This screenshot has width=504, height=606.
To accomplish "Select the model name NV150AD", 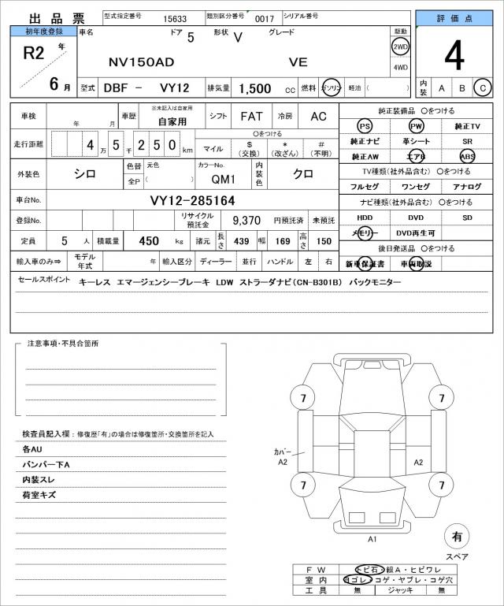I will coord(135,61).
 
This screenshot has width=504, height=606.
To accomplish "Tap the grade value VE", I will coord(298,61).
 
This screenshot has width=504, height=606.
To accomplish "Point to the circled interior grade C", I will coord(482,87).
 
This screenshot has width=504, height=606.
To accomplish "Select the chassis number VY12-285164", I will coord(192,200).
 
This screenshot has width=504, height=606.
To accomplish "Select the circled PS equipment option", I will coord(364,126).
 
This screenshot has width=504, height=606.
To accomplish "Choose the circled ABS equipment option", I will coord(468,156).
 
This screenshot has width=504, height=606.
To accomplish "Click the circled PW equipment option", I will coord(416,126).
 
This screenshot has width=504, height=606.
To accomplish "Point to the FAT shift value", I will coord(251,116).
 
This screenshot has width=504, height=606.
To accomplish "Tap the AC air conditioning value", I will coord(318,116).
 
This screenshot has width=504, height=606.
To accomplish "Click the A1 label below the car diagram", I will coord(372,539).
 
